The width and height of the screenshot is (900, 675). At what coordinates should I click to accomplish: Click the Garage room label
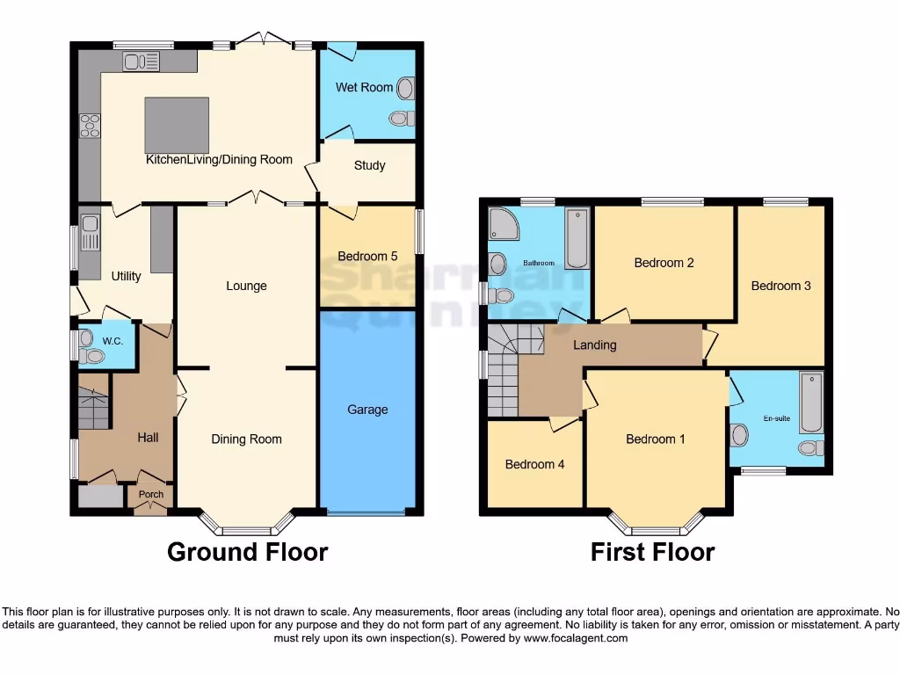(367, 410)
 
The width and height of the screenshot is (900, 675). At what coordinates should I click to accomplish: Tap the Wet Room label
(364, 87)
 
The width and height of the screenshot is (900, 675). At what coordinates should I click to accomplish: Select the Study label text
(369, 165)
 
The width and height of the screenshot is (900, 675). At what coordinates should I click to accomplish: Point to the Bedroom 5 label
(367, 257)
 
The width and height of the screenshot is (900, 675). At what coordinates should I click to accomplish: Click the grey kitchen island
(177, 126)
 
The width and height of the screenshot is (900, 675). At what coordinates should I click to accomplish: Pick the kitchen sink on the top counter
(141, 61)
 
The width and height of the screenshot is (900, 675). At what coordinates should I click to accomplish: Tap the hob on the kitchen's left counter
(90, 127)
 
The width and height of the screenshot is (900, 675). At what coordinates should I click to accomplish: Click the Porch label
(150, 494)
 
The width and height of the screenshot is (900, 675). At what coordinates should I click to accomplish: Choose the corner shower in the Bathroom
(503, 225)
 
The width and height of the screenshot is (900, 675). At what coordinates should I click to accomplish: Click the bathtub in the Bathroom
(577, 237)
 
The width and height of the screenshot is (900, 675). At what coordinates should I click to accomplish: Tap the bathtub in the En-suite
(811, 403)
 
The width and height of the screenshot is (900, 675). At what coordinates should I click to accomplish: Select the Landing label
(595, 345)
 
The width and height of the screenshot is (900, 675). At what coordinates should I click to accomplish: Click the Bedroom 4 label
(534, 465)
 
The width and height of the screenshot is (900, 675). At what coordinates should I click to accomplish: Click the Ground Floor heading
(247, 552)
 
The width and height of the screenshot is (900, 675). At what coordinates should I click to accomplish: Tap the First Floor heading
(652, 552)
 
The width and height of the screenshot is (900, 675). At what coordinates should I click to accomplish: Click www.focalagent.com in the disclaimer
(577, 638)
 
